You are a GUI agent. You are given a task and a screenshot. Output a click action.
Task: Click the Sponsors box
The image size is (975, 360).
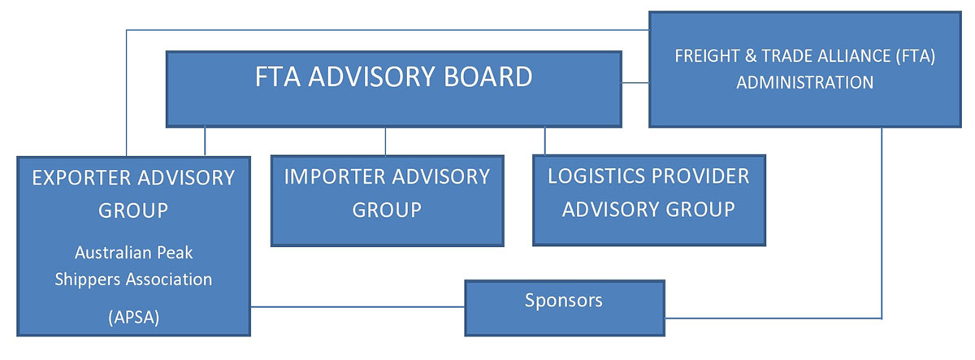coord(564,307)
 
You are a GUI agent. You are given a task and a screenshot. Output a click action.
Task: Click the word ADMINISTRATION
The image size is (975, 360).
coord(804,82)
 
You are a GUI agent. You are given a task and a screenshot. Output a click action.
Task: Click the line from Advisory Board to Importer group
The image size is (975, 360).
coord(385,141)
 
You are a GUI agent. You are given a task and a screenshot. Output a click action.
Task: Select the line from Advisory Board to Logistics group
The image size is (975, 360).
coord(544,141)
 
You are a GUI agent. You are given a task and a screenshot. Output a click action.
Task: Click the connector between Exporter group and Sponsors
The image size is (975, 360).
coord(357,307)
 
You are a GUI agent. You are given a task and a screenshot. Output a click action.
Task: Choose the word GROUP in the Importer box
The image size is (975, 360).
coord(387,209)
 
